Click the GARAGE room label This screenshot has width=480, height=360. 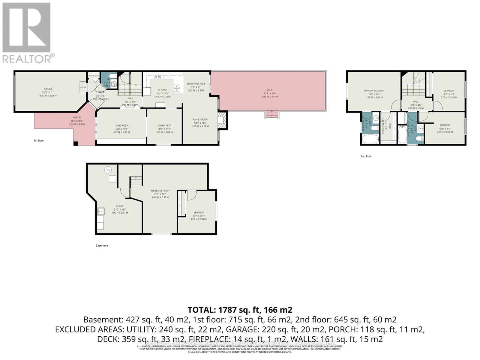[x=48, y=89]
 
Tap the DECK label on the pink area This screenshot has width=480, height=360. [x=270, y=90]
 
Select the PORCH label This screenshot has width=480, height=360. [x=77, y=118]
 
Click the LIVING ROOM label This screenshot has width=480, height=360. [x=121, y=126]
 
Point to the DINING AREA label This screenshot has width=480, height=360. [x=164, y=126]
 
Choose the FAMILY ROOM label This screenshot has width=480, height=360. [x=200, y=120]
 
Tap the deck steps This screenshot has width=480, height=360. [x=272, y=114]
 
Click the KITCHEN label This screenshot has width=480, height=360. [x=163, y=90]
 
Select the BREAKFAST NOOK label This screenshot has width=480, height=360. [x=196, y=84]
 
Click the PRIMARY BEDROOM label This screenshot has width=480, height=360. [x=374, y=91]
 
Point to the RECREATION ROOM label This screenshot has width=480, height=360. [x=160, y=190]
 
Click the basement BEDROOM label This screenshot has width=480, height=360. [x=199, y=212]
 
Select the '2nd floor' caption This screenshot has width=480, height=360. [x=366, y=156]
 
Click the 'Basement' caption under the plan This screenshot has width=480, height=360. [x=102, y=245]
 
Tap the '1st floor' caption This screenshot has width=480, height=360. [x=38, y=140]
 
